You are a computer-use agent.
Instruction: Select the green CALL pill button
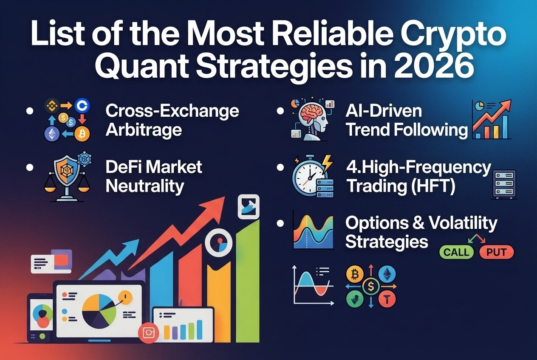456,253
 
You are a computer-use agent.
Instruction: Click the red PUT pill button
496,253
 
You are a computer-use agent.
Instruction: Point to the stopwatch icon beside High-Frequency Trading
308,177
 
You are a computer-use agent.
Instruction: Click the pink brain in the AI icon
313,113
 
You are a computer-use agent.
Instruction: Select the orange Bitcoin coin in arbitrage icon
82,135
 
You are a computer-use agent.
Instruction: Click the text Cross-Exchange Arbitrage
172,120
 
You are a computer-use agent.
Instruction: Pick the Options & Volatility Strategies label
421,232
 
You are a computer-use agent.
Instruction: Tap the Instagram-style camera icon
148,332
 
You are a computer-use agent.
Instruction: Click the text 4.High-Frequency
418,168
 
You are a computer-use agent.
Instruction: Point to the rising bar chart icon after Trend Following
492,120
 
